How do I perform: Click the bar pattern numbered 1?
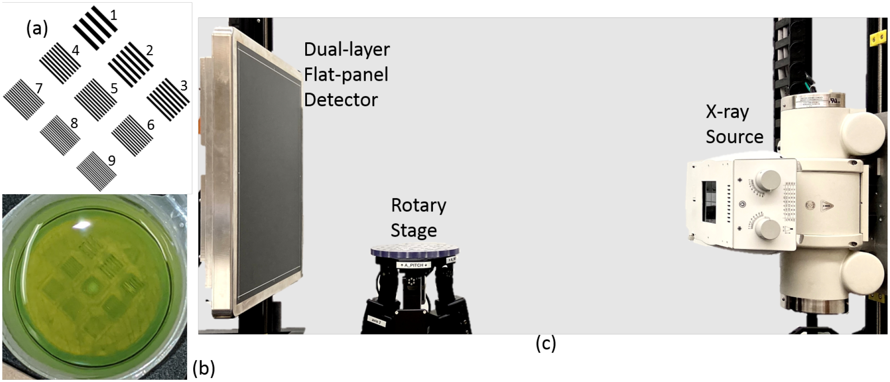coord(95,28)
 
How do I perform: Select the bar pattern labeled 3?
coord(168,100)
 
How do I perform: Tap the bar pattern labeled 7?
coord(24,100)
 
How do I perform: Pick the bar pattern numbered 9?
coord(96,171)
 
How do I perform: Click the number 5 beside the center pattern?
coord(114,89)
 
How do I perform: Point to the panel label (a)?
coord(37,29)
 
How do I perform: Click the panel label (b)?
coord(204,369)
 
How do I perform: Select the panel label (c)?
coord(546,344)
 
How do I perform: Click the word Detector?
coord(341,100)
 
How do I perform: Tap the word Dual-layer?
coord(347,49)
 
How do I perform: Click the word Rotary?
coord(418,205)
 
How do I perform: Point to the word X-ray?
coord(727,112)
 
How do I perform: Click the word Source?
coord(734,137)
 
